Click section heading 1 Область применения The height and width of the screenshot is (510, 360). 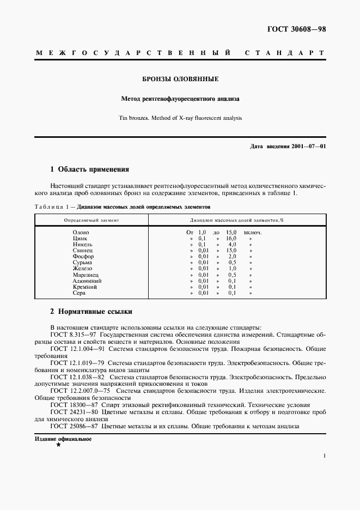click(89, 169)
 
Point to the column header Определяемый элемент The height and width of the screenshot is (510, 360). click(91, 220)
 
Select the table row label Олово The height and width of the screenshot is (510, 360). click(81, 233)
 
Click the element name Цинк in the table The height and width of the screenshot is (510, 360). click(80, 239)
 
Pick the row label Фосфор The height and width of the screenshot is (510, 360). click(83, 257)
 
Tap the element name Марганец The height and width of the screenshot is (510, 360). click(84, 275)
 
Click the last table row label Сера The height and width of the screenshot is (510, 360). click(79, 293)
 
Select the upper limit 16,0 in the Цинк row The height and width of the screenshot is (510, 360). click(231, 239)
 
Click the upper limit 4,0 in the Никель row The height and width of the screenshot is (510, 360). click(232, 245)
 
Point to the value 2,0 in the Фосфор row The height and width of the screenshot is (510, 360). click(232, 257)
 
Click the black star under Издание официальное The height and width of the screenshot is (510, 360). click(58, 445)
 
